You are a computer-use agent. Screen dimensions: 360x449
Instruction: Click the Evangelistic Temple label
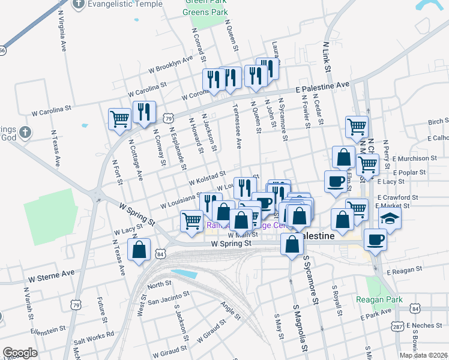[125, 4]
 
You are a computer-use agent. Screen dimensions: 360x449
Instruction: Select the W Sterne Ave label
[52, 273]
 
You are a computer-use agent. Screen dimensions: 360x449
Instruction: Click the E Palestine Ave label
[323, 87]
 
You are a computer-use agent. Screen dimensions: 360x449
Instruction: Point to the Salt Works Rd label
[94, 340]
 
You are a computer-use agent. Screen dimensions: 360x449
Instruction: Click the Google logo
[20, 353]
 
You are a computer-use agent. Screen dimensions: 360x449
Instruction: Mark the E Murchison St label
[416, 158]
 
